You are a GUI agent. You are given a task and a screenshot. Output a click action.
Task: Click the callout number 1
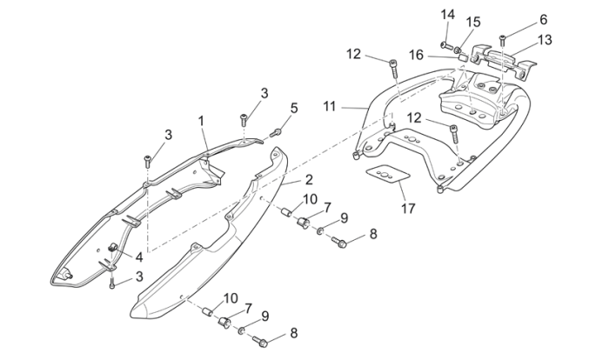pos(201,120)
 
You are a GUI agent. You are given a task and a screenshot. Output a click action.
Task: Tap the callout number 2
pos(308,180)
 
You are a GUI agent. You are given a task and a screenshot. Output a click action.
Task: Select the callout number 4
pos(137,256)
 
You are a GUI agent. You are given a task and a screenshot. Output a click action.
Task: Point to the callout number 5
pos(293,108)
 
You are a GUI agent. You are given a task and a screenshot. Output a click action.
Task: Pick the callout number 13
pos(544,40)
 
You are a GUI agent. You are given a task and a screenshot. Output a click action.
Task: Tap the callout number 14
pos(447,14)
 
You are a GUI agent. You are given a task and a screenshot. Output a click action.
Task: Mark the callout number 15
pos(473,21)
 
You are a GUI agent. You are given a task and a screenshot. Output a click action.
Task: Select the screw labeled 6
pos(504,37)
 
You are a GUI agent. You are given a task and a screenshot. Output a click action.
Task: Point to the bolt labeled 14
pos(445,43)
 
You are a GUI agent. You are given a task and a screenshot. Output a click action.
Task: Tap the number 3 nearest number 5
pos(264,93)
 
